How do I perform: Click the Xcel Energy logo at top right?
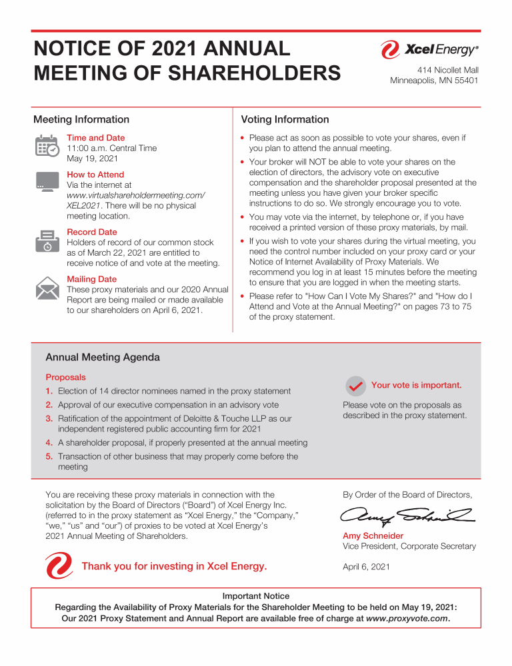click(429, 49)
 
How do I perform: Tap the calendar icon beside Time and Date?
click(47, 147)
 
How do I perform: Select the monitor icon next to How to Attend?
click(47, 182)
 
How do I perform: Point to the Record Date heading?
click(92, 232)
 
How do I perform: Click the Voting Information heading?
click(285, 120)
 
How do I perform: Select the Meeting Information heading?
click(81, 120)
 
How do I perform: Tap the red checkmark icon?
click(355, 386)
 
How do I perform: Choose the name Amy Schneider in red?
click(373, 536)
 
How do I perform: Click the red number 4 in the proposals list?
click(49, 443)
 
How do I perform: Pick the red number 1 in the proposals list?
click(49, 392)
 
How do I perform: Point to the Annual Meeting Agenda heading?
click(102, 358)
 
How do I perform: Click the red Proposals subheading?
click(65, 378)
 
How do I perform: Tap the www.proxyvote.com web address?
click(407, 618)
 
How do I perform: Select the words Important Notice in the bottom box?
click(256, 596)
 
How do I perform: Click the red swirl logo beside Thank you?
click(59, 566)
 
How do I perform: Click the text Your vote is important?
click(416, 386)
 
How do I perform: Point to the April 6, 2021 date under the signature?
click(366, 567)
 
